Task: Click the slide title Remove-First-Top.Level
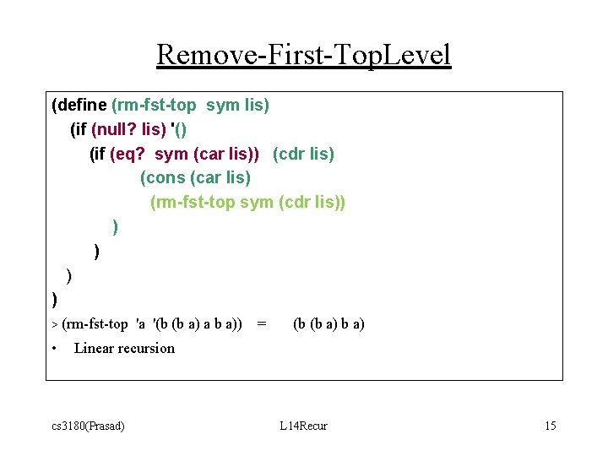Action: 304,55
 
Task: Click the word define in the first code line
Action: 82,106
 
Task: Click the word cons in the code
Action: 166,178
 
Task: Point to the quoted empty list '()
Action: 178,130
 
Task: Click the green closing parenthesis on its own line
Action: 115,226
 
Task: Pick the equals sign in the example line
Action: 262,323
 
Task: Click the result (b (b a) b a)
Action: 328,323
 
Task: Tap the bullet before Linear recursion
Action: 53,348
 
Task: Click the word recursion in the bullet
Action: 148,348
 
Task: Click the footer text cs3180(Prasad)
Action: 88,426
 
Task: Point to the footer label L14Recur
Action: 303,426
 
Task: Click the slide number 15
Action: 550,426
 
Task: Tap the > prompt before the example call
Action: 55,324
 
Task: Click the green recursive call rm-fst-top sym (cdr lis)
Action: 247,203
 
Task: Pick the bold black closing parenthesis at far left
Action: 54,299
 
